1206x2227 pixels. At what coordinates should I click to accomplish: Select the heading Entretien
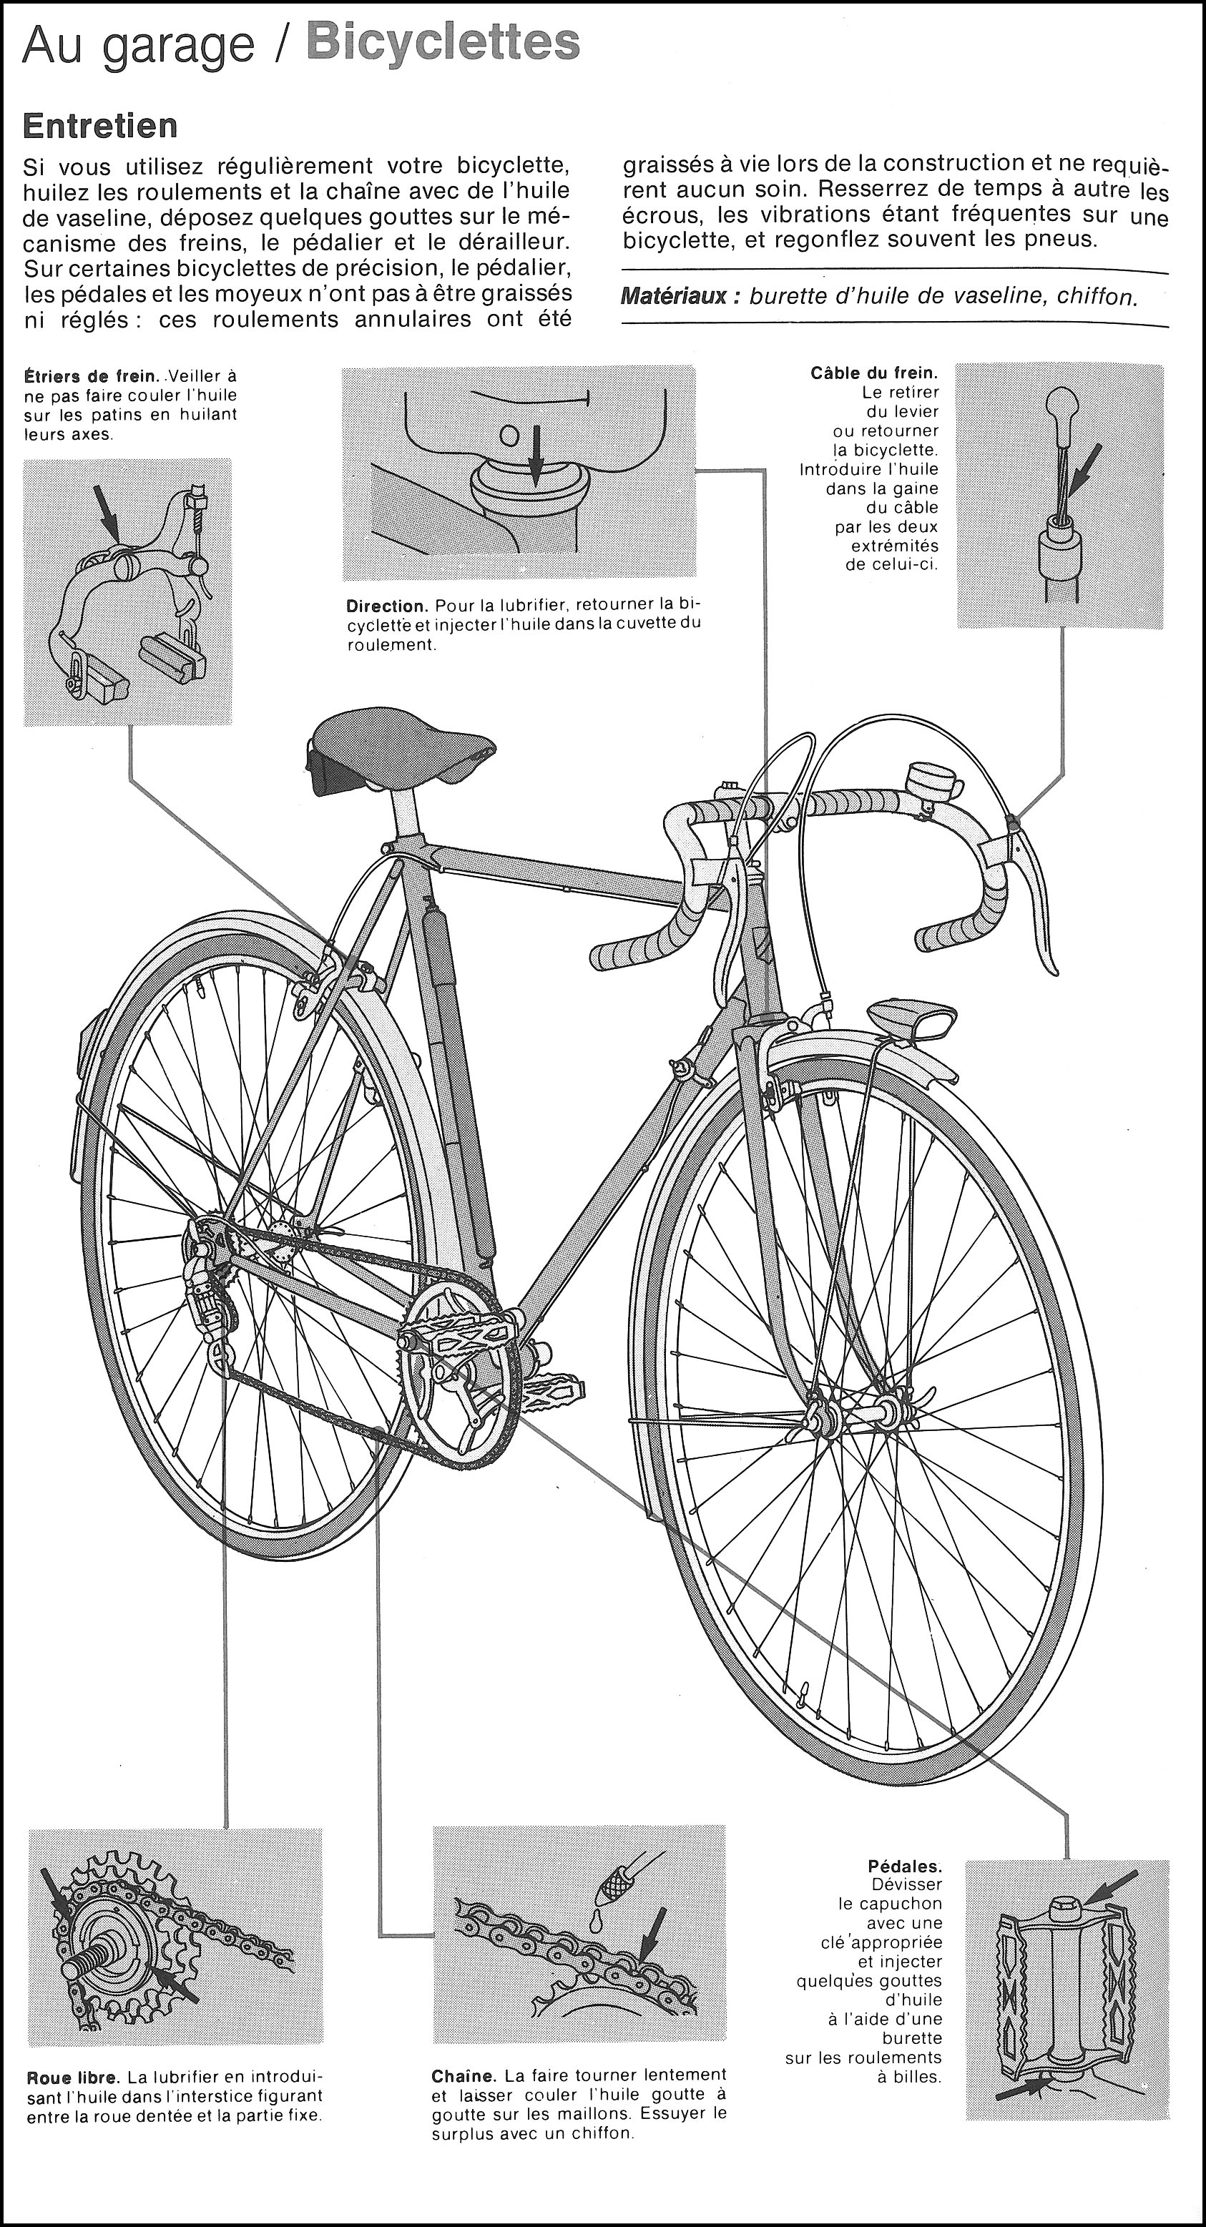[x=100, y=126]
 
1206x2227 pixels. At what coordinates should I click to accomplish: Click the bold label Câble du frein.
[x=874, y=373]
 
